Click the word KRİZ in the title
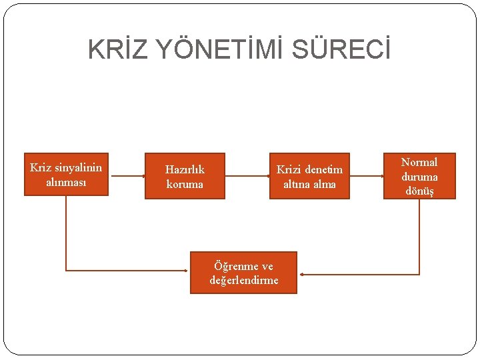click(113, 50)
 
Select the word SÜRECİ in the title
click(347, 50)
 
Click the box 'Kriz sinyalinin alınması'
click(66, 175)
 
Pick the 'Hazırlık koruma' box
click(185, 176)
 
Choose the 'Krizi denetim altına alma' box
click(309, 176)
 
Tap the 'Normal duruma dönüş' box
click(419, 176)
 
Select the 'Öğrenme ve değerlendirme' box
click(243, 273)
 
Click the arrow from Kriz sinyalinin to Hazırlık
click(127, 176)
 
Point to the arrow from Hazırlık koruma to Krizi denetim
click(247, 176)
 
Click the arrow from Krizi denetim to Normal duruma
click(367, 176)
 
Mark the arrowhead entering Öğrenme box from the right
click(303, 274)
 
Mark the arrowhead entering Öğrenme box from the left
click(186, 270)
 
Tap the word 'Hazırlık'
click(185, 169)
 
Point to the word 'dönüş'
click(419, 191)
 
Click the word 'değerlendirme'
click(244, 280)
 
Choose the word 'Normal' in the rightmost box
click(419, 162)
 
